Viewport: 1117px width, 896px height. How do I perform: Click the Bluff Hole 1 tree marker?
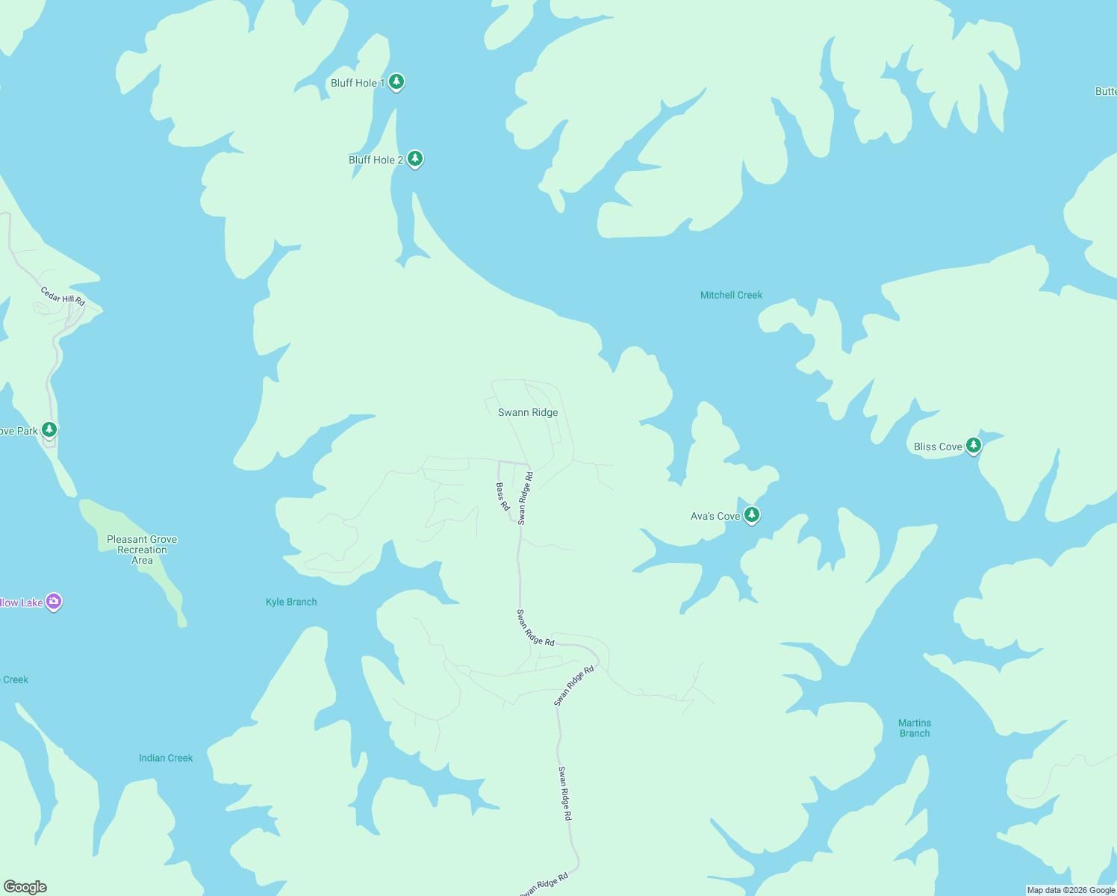click(396, 81)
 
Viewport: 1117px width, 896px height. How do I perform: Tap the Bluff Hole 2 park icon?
click(415, 158)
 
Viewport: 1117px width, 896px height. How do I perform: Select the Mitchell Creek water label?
click(731, 295)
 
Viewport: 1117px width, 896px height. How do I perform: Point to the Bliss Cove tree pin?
click(973, 446)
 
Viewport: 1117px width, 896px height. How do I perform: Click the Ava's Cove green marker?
click(752, 514)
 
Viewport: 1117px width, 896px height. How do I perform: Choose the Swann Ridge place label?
click(528, 412)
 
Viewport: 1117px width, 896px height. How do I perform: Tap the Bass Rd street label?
click(503, 497)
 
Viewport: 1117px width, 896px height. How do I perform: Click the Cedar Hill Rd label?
click(63, 296)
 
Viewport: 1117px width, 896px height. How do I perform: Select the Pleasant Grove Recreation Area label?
click(142, 550)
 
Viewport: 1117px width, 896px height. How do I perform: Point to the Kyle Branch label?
click(291, 602)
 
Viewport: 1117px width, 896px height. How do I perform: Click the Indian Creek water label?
click(166, 758)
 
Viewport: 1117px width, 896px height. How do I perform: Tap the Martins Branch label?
click(915, 728)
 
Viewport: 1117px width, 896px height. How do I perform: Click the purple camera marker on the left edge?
click(53, 601)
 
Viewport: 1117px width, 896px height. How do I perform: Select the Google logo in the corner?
click(25, 887)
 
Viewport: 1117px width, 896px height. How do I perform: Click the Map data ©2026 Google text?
click(1071, 890)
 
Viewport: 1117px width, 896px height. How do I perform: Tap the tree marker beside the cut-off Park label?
click(49, 429)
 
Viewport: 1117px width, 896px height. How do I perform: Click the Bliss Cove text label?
click(938, 447)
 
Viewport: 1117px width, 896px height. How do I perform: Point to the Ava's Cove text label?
click(715, 516)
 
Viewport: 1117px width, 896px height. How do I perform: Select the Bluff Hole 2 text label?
click(376, 160)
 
